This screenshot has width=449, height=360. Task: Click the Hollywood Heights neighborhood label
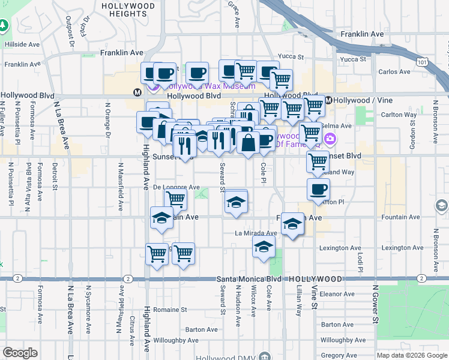pos(128,10)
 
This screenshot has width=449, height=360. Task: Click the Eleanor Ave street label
pos(338,294)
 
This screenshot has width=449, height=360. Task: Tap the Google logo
pos(20,353)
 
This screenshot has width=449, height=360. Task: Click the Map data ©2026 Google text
pos(412,356)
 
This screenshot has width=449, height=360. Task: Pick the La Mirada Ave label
pos(256,233)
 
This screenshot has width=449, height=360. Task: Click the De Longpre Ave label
pos(176,187)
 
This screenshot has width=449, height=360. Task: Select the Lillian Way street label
pos(298,306)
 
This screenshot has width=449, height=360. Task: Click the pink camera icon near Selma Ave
pos(330,140)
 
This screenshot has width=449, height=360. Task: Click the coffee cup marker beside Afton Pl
pos(318,189)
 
